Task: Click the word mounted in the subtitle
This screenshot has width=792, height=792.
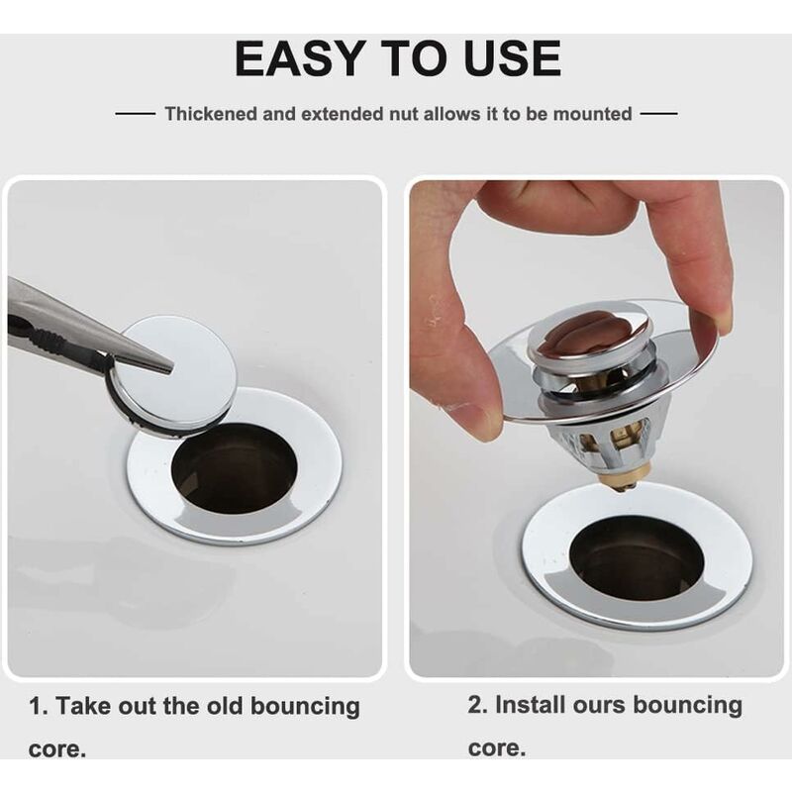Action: pyautogui.click(x=592, y=114)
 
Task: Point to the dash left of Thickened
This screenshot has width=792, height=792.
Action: pyautogui.click(x=136, y=114)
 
